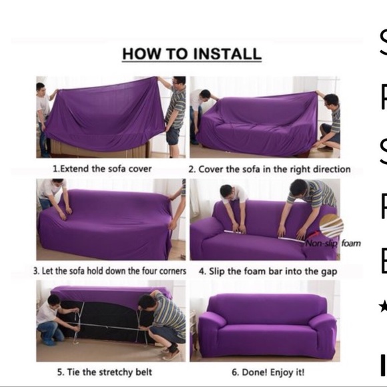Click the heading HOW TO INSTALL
(x=191, y=54)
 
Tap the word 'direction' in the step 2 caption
(x=328, y=169)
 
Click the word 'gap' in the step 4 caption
(x=329, y=272)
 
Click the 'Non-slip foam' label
(x=333, y=244)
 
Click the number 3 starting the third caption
(x=36, y=272)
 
